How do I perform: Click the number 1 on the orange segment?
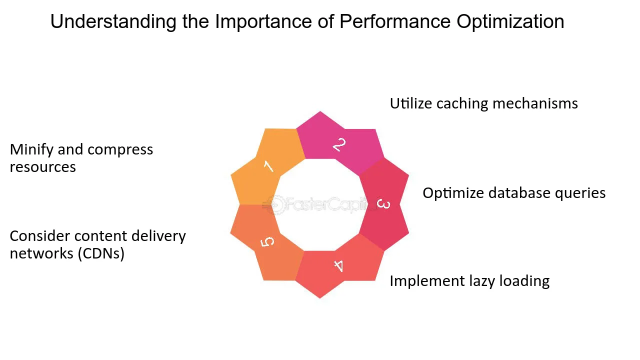[268, 165]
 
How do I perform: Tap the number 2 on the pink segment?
[339, 145]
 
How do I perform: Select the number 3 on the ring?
[383, 204]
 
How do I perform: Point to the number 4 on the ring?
[339, 266]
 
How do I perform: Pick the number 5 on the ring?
[268, 242]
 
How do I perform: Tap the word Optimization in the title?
[510, 21]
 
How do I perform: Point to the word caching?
[462, 103]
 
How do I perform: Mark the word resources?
[43, 167]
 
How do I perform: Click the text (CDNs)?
[100, 253]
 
